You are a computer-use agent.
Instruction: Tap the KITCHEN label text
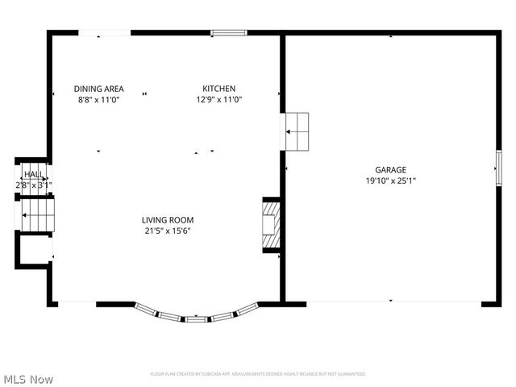click(x=218, y=89)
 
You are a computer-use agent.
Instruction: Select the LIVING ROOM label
click(x=168, y=220)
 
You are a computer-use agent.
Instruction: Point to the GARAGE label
click(x=390, y=170)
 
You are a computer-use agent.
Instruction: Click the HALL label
click(x=33, y=174)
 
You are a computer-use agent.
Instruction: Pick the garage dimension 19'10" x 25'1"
click(x=390, y=181)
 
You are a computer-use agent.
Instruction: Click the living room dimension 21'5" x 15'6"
click(x=168, y=231)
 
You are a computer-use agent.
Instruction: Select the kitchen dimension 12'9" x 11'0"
click(x=218, y=99)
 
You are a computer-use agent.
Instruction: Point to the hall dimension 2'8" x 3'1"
click(x=34, y=185)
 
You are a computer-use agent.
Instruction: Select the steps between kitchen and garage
click(x=298, y=131)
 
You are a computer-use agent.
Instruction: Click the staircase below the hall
click(x=35, y=215)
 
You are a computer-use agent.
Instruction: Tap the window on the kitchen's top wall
click(x=229, y=33)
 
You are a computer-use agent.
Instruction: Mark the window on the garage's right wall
click(x=497, y=169)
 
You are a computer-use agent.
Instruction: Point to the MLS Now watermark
click(x=29, y=379)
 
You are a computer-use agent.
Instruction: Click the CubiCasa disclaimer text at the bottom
click(x=257, y=374)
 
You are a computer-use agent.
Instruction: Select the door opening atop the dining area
click(x=105, y=33)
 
